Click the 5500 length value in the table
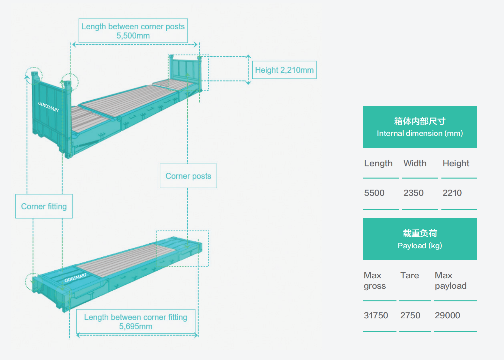(x=374, y=193)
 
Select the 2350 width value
(x=413, y=193)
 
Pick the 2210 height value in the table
(x=452, y=193)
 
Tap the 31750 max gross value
(x=376, y=315)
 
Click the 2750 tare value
(x=410, y=315)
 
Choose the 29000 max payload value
(x=447, y=315)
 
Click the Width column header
(x=415, y=163)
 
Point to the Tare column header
(x=409, y=275)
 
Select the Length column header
(x=378, y=163)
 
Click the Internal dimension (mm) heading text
(x=420, y=133)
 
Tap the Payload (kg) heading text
(x=420, y=246)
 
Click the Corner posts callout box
(x=188, y=176)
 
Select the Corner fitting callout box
(x=44, y=206)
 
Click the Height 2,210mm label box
(x=284, y=70)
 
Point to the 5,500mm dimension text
(x=133, y=36)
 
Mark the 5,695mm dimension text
(x=136, y=326)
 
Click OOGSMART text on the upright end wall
(x=49, y=107)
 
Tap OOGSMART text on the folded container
(x=76, y=278)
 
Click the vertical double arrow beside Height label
(x=248, y=70)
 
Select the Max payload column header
(x=450, y=281)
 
